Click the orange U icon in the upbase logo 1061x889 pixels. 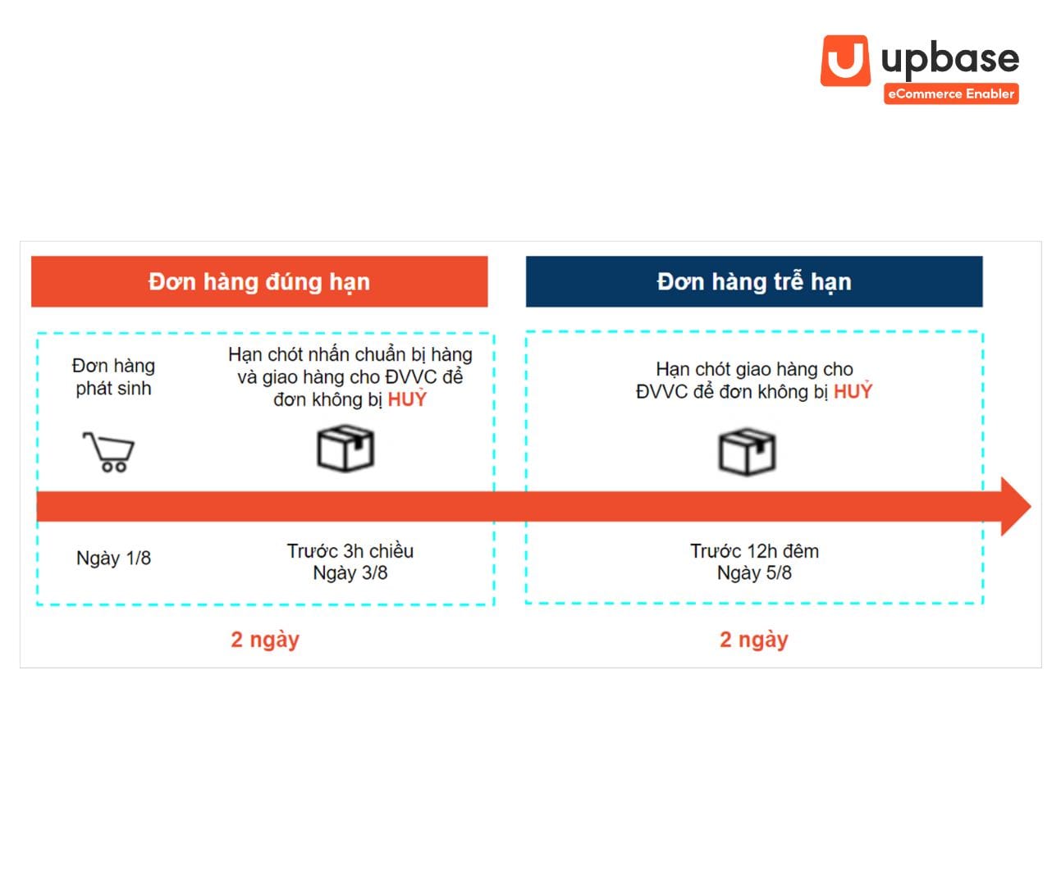click(845, 61)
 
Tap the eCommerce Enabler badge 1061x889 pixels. click(951, 94)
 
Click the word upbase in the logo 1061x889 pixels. click(950, 60)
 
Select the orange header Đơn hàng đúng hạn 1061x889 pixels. click(259, 281)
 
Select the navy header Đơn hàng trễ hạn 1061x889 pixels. click(754, 281)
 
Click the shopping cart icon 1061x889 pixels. click(109, 452)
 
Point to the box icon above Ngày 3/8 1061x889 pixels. click(345, 449)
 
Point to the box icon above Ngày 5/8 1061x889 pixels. click(747, 452)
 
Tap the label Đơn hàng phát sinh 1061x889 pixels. click(113, 377)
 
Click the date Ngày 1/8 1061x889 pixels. click(113, 558)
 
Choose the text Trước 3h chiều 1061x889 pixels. click(350, 550)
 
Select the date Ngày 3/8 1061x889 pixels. click(350, 573)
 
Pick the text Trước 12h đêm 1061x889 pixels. click(754, 550)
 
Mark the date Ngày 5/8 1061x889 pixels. click(754, 573)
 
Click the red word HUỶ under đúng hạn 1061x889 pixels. click(407, 399)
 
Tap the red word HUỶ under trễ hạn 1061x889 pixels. click(853, 391)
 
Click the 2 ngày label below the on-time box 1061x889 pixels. click(265, 640)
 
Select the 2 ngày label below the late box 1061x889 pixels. click(753, 640)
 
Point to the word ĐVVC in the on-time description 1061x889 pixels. click(411, 377)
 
